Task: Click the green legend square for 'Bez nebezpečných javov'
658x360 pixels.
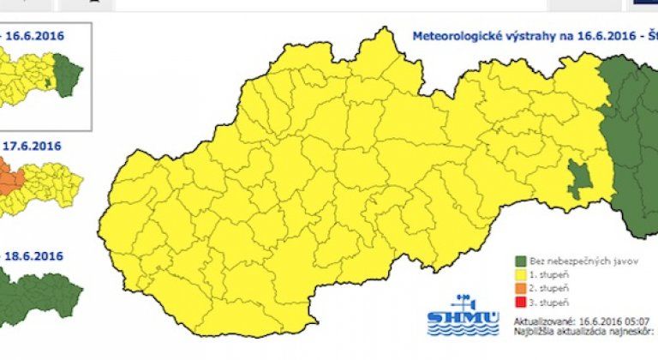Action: pyautogui.click(x=520, y=259)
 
